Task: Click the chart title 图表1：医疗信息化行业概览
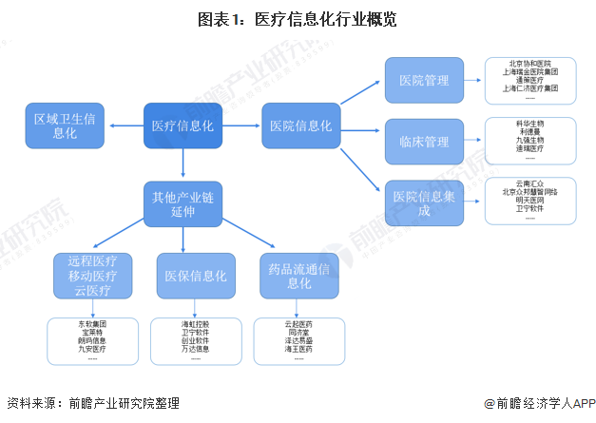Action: coord(298,19)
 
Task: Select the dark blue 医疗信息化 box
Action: coord(183,125)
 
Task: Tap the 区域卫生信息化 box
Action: coord(65,125)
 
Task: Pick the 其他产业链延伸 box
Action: coord(183,203)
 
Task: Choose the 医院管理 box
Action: coord(424,80)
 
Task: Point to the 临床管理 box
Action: coord(424,142)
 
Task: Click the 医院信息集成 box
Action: coord(424,202)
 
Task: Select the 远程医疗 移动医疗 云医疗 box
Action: coord(92,276)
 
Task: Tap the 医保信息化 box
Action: coord(195,276)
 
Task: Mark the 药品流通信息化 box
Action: coord(299,276)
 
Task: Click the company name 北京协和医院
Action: coord(529,64)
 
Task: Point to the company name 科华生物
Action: coord(529,124)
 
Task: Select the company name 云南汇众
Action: coord(529,183)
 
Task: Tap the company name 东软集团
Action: coord(92,324)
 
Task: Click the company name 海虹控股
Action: coord(195,324)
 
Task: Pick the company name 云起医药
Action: coord(298,324)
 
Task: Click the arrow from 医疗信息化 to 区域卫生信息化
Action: coord(125,125)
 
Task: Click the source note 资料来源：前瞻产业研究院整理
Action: coord(92,403)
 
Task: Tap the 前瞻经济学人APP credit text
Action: coord(537,403)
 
